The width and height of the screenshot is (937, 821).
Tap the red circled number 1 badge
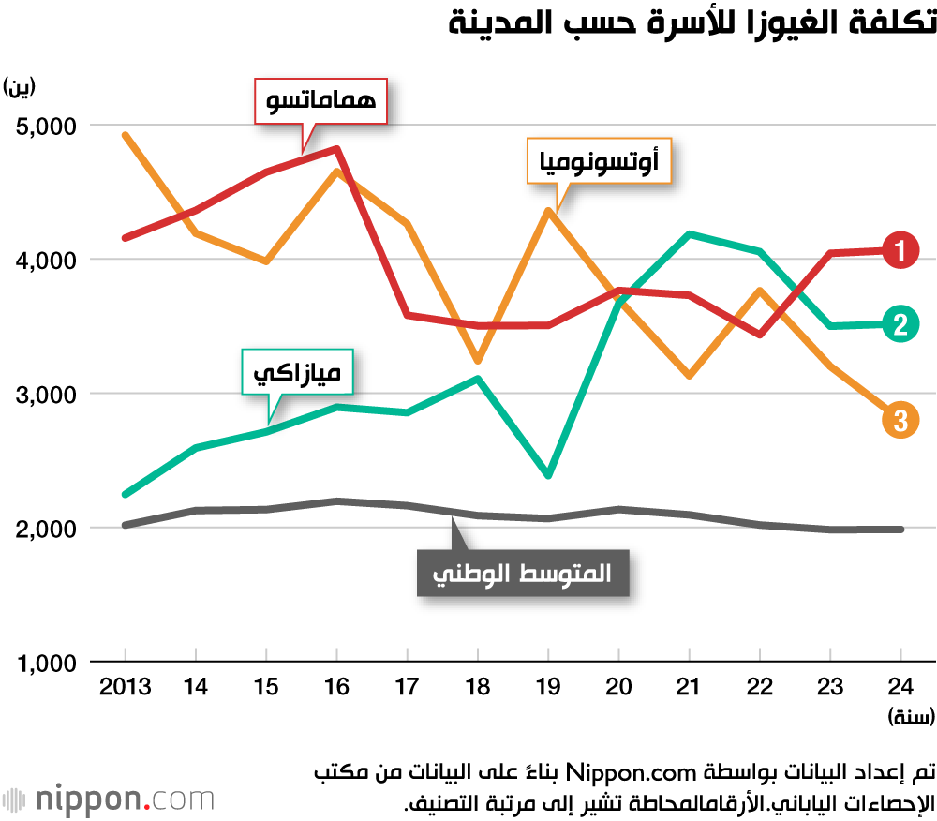click(900, 250)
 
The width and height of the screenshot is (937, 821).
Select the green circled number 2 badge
click(900, 324)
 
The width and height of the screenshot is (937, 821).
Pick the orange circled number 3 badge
click(900, 420)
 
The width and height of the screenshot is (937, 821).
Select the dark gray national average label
click(522, 574)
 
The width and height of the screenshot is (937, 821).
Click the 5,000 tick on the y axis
click(48, 125)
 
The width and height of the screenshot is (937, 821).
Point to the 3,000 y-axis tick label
click(48, 394)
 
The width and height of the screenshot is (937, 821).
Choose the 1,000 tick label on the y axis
click(48, 664)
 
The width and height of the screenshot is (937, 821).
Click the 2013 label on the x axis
click(126, 687)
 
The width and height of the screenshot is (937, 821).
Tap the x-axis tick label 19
click(548, 687)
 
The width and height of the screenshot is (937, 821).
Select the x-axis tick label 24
click(900, 687)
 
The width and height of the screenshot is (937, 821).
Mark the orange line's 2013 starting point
click(126, 135)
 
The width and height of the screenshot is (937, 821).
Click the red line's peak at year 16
click(336, 148)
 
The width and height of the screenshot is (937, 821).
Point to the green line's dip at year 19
click(548, 476)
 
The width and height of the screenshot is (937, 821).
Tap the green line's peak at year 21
click(689, 233)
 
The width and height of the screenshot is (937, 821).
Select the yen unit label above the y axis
click(20, 87)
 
